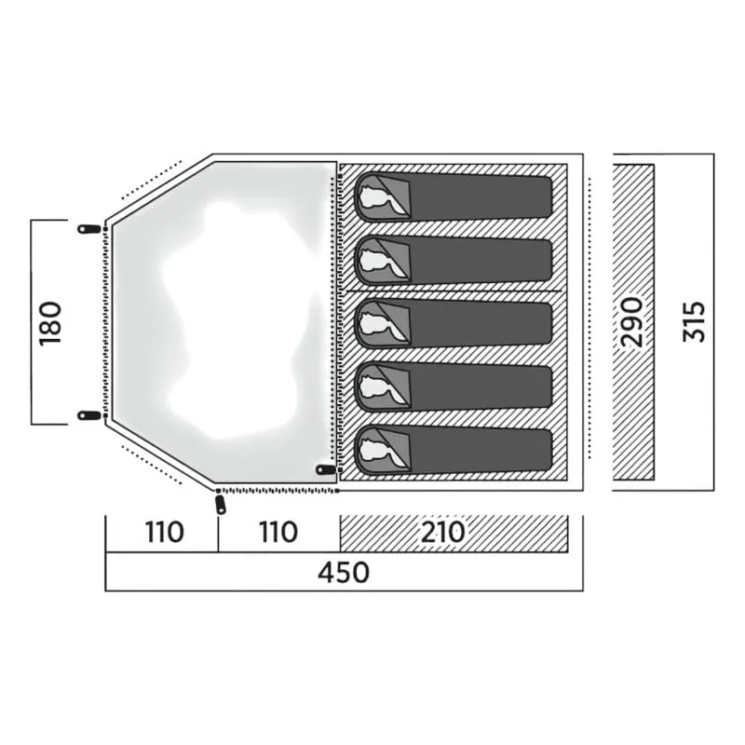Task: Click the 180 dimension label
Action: [x=50, y=323]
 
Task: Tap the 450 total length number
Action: [x=344, y=573]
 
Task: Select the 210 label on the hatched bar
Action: [x=443, y=532]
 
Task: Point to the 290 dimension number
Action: [x=632, y=322]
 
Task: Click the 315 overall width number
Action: [x=694, y=321]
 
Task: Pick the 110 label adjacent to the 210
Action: [x=278, y=532]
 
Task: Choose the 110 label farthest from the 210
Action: [x=165, y=532]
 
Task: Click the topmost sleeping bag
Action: [x=454, y=196]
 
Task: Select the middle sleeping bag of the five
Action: [x=454, y=323]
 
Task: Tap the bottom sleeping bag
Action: [x=454, y=451]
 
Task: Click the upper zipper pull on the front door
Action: [x=88, y=229]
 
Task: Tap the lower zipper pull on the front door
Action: [x=88, y=415]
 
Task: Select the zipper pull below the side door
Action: [x=221, y=505]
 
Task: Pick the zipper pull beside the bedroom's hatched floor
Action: [x=327, y=469]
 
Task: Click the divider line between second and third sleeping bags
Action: [x=451, y=291]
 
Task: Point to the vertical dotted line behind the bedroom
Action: [x=589, y=318]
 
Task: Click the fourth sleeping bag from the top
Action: [x=454, y=386]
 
